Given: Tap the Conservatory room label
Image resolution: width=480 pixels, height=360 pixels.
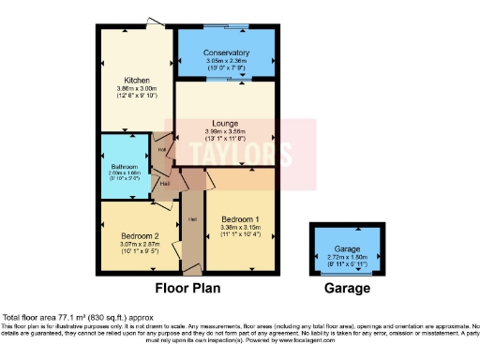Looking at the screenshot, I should (x=226, y=53).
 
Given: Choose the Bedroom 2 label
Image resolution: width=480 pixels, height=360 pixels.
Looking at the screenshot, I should (x=135, y=236).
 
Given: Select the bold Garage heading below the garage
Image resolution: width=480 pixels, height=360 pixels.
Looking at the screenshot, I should (x=347, y=289).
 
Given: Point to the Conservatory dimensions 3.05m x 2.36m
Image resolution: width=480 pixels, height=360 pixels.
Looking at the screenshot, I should (x=226, y=61).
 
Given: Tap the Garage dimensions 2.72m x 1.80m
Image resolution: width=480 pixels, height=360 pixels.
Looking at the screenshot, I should (x=348, y=258).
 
